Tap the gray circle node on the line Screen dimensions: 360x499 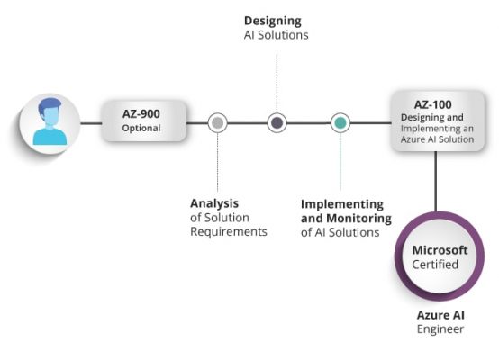click(217, 122)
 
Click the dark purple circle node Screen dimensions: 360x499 click(277, 122)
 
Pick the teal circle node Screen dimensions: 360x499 click(340, 122)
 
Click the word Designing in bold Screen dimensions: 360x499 click(273, 20)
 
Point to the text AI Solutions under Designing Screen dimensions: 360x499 click(276, 35)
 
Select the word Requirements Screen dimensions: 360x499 click(229, 231)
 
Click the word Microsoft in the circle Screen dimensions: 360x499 click(441, 249)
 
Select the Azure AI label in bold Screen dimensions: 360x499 click(440, 315)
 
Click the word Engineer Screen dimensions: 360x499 click(440, 329)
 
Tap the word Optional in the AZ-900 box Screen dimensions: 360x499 click(141, 128)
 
